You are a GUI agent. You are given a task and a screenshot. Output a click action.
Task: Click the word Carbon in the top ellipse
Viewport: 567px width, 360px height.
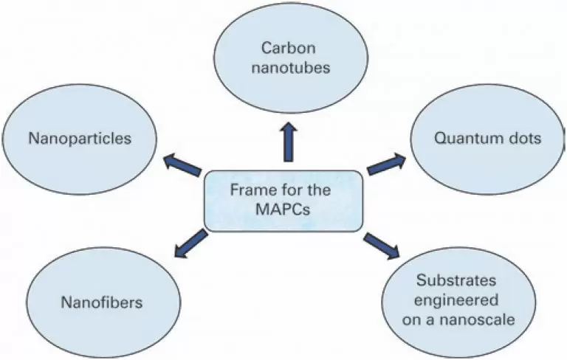click(284, 49)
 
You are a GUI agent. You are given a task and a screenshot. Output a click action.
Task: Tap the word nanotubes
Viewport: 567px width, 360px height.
click(284, 68)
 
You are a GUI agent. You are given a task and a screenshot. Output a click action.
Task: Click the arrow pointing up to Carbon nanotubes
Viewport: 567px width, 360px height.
click(287, 141)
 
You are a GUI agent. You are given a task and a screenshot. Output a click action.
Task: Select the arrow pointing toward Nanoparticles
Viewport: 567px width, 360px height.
click(182, 164)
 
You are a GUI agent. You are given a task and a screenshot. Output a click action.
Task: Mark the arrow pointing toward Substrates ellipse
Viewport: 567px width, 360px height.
click(382, 245)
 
